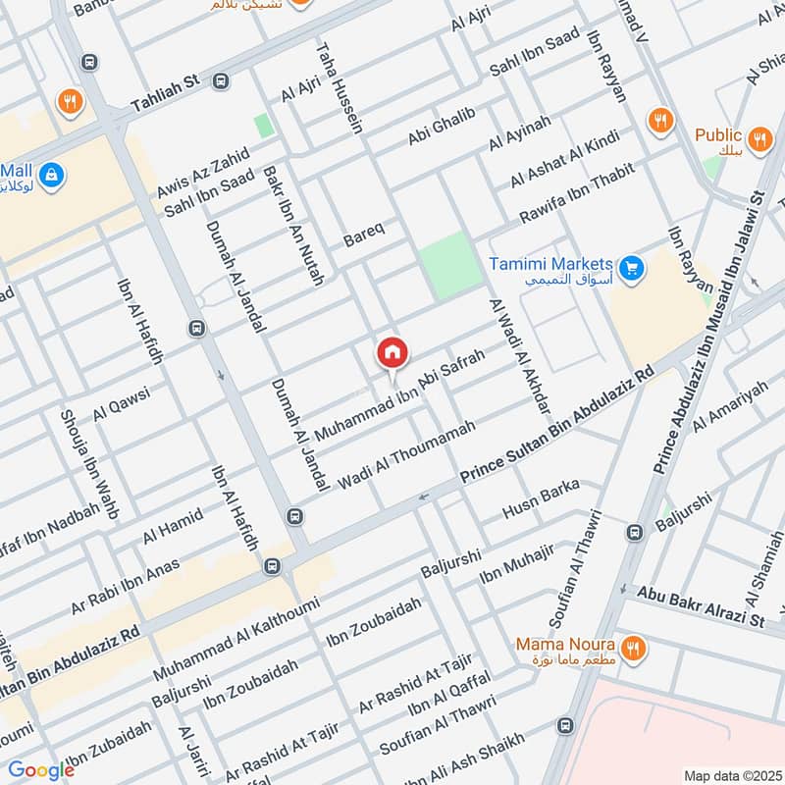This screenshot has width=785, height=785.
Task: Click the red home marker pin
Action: (x=392, y=353)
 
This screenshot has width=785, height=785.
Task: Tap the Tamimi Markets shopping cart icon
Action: (x=631, y=265)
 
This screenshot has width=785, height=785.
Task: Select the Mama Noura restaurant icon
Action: (x=633, y=648)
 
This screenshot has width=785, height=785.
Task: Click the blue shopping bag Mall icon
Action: (x=53, y=175)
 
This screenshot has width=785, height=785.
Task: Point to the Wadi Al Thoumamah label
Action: (x=406, y=454)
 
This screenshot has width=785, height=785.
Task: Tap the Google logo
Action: (x=40, y=769)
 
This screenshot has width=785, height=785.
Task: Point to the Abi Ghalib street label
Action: (x=442, y=129)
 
